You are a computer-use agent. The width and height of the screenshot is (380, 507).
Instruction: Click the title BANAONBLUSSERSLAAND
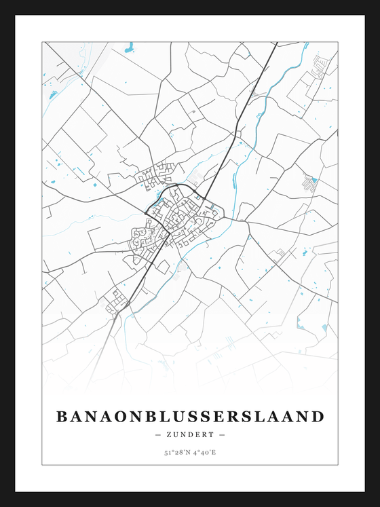tap(190, 415)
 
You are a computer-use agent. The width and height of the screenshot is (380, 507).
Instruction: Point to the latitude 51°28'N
tap(174, 452)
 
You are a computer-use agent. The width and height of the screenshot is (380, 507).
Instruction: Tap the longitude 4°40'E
tap(204, 452)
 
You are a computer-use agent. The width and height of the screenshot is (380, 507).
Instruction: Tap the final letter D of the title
tap(318, 415)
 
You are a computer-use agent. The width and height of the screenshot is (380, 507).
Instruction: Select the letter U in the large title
tap(175, 415)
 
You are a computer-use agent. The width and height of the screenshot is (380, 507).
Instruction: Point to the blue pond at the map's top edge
tap(129, 48)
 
